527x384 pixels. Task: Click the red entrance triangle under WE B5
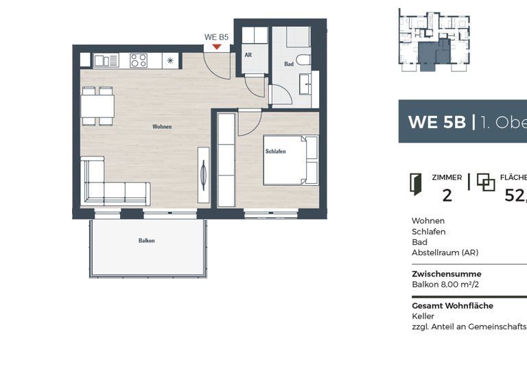(217, 47)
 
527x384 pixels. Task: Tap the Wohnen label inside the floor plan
(162, 127)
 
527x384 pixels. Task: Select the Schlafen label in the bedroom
(275, 152)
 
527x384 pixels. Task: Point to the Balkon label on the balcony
(146, 241)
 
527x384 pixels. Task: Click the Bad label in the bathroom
(289, 64)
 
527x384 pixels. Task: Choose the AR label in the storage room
(248, 55)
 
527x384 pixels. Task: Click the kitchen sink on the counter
(106, 60)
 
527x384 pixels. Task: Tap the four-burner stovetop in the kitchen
(139, 60)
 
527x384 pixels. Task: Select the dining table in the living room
(97, 106)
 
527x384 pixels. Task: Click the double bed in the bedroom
(292, 160)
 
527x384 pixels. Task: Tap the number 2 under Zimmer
(447, 196)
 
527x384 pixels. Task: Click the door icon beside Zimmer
(415, 182)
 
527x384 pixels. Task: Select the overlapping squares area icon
(486, 182)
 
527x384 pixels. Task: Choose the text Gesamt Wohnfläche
(452, 306)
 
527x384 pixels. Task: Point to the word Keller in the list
(423, 317)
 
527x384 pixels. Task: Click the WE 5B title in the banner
(436, 122)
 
